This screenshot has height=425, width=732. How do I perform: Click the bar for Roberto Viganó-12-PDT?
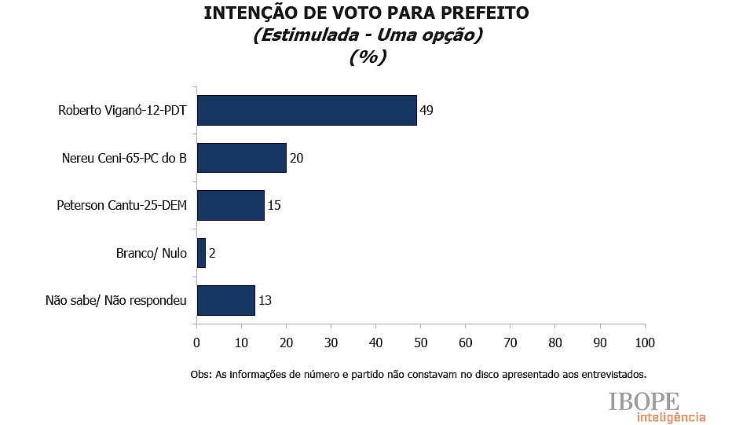pos(306,110)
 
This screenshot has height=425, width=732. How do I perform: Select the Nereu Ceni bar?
pos(241,158)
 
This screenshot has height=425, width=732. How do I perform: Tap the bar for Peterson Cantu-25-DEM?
pos(230,205)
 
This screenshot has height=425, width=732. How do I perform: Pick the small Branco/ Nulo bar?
pos(201,253)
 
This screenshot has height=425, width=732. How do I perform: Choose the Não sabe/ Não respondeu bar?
pos(225,300)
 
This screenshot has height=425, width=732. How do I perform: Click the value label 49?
pos(426,110)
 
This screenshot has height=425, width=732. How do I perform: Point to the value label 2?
pos(212,253)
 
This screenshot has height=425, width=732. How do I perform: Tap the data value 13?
pos(265,300)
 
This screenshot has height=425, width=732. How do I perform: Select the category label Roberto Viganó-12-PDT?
pos(122,110)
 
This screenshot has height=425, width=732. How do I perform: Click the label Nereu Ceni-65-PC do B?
pos(124,158)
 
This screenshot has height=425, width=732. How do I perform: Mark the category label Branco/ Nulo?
pos(151,253)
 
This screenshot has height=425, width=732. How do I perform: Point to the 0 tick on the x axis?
pos(196,343)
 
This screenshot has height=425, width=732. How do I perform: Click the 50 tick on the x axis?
pos(420,343)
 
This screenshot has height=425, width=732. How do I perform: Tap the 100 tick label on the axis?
pos(644,343)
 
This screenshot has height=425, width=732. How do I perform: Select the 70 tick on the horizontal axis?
pos(510,343)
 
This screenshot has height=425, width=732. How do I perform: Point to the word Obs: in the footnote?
pos(202,374)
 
